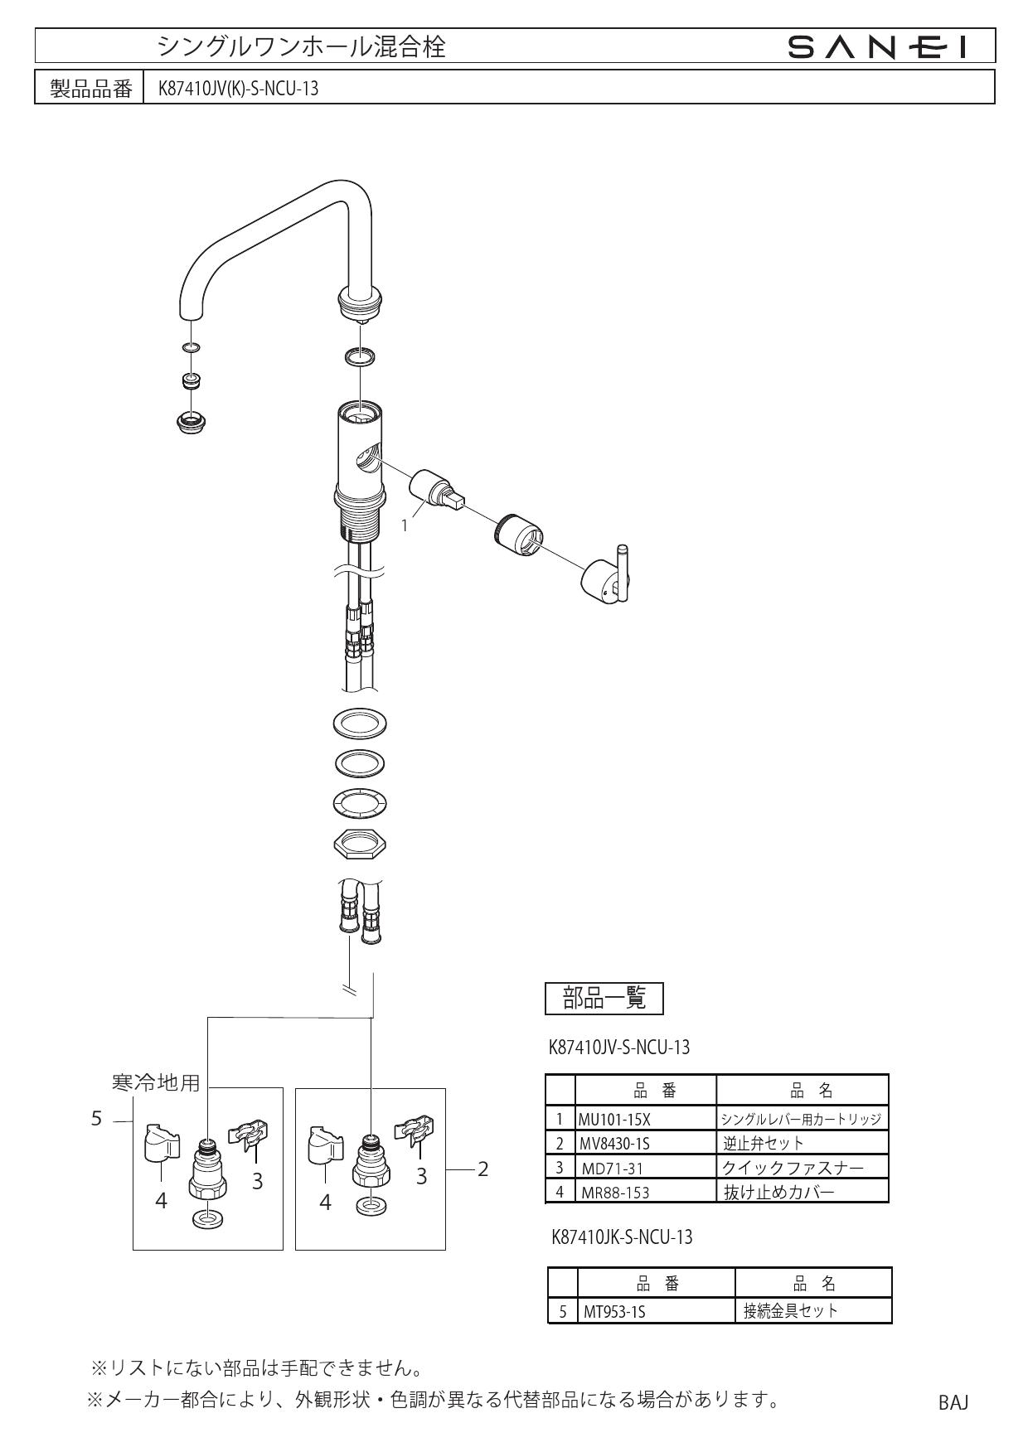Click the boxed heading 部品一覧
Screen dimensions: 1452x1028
click(604, 998)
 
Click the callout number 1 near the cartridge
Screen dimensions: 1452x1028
click(405, 525)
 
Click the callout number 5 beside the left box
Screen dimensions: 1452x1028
click(96, 1119)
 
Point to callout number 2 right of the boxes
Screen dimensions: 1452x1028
click(483, 1169)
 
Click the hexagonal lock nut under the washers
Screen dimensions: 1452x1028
click(359, 845)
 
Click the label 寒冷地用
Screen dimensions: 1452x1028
click(156, 1082)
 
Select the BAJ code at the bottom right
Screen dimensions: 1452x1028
click(953, 1402)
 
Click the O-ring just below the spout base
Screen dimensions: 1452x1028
click(359, 357)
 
